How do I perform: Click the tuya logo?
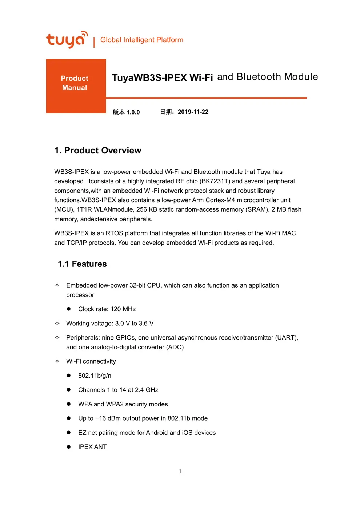(x=67, y=39)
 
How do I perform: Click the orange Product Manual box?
(x=76, y=86)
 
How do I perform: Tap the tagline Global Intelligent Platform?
(x=141, y=40)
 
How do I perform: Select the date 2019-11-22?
(x=193, y=112)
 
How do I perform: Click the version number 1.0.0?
(x=133, y=112)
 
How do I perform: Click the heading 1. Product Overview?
(x=97, y=151)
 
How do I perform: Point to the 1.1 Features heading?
(x=82, y=264)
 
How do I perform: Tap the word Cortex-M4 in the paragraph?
(x=220, y=200)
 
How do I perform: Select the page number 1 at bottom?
(x=180, y=471)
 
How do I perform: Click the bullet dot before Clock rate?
(x=68, y=309)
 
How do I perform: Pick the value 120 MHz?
(x=123, y=309)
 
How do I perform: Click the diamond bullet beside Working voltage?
(x=57, y=323)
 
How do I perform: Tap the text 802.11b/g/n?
(x=95, y=376)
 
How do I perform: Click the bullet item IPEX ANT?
(x=92, y=447)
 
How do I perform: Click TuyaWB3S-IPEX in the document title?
(x=149, y=78)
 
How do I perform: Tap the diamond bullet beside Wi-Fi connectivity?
(x=57, y=361)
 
